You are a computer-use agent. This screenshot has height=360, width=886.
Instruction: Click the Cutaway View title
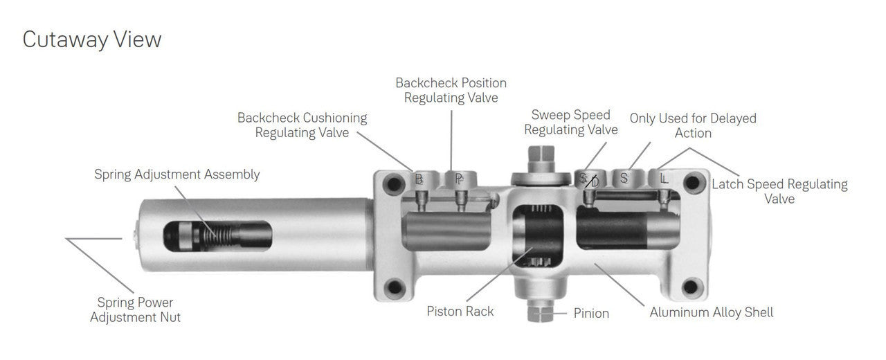[92, 39]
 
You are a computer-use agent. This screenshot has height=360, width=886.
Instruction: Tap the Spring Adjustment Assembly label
[177, 174]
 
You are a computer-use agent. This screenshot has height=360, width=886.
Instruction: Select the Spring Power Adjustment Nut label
[135, 310]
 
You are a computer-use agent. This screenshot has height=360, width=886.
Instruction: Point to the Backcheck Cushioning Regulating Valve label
[302, 125]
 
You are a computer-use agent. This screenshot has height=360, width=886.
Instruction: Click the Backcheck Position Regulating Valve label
[451, 90]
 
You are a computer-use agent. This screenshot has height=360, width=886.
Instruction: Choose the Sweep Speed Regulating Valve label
[570, 122]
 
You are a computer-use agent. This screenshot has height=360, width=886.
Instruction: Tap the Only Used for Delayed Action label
[692, 125]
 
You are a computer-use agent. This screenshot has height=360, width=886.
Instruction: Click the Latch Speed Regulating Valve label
[779, 191]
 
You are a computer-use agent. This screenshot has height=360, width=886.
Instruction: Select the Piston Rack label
[460, 312]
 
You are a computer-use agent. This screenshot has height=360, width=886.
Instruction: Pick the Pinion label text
[591, 314]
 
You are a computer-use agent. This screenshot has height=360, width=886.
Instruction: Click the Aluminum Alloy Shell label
[711, 313]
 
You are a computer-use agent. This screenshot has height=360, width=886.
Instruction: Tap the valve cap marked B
[419, 179]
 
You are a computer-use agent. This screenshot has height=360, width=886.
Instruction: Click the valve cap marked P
[459, 179]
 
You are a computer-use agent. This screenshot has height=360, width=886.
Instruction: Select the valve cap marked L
[664, 179]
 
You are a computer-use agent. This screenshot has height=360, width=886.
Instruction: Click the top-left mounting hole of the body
[394, 183]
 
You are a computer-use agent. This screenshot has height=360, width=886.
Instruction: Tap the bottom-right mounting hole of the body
[690, 287]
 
